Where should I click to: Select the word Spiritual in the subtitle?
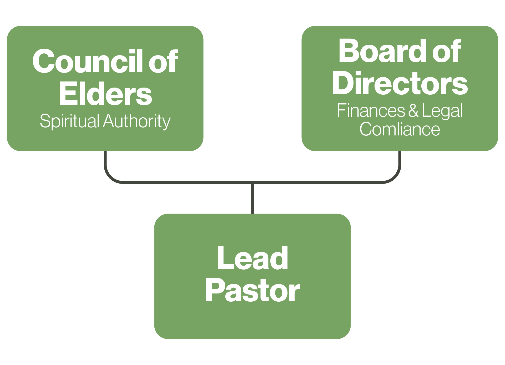click(x=69, y=121)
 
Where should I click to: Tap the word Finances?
click(x=371, y=111)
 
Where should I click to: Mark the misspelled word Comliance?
click(x=400, y=129)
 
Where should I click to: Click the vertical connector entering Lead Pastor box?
click(x=252, y=199)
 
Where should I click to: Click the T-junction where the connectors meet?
click(x=252, y=182)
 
